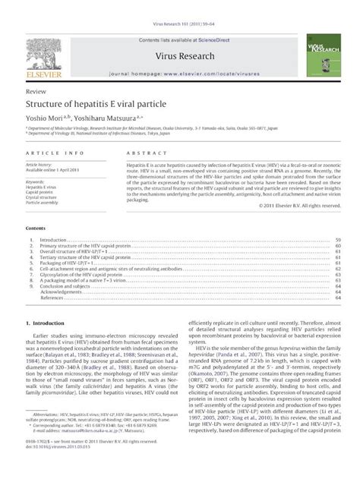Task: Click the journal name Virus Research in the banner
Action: pyautogui.click(x=179, y=35)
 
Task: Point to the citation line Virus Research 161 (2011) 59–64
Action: pyautogui.click(x=180, y=5)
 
